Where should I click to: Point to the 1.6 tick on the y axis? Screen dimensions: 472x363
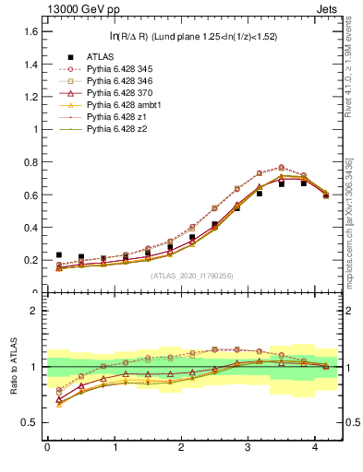(31, 31)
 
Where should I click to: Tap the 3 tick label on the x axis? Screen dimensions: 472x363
(248, 448)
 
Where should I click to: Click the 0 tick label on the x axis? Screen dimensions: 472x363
(47, 448)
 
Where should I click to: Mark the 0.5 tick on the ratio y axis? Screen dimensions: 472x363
(31, 422)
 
